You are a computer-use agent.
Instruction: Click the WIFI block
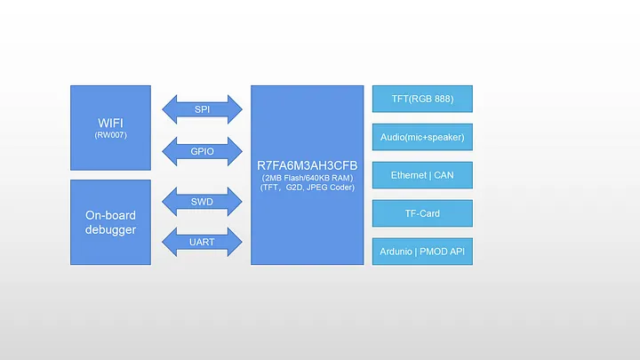coord(110,128)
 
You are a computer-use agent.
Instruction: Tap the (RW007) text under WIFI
coord(110,135)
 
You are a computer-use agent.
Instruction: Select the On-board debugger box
coord(110,222)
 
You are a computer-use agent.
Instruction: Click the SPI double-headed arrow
coord(202,109)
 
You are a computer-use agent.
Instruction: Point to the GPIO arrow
coord(202,151)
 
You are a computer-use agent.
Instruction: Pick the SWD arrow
coord(202,202)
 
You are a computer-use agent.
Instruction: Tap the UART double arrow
coord(202,242)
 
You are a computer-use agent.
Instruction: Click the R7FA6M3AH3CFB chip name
coord(308,165)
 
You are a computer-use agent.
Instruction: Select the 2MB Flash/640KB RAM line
coord(308,178)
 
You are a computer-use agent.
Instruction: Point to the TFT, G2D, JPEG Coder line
coord(308,188)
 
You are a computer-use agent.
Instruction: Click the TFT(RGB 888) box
coord(422,99)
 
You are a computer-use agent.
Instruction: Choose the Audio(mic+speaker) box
coord(422,137)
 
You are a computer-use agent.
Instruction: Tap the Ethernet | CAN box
coord(422,175)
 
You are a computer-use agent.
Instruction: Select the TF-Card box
coord(422,213)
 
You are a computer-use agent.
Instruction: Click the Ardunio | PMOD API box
coord(422,252)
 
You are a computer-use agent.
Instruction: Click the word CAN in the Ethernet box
coord(444,175)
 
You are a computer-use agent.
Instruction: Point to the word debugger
coord(110,230)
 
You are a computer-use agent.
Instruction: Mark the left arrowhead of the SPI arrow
coord(170,109)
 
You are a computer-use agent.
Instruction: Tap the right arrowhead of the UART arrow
coord(235,242)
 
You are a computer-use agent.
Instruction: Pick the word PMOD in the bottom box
coord(434,252)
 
